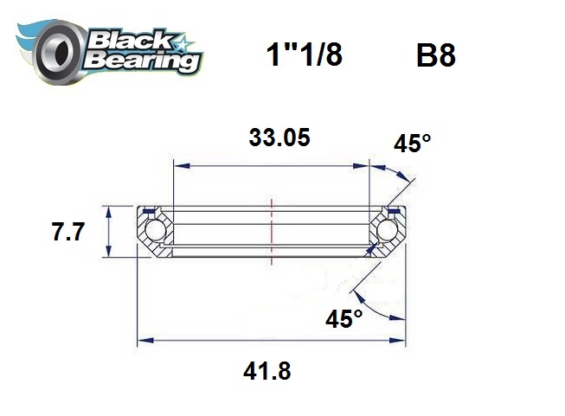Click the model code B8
(x=435, y=56)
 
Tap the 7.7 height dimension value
(x=67, y=232)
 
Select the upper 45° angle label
(x=411, y=144)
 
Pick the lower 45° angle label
(x=343, y=318)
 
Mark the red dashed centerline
(x=272, y=227)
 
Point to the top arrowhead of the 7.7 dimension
(x=108, y=210)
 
